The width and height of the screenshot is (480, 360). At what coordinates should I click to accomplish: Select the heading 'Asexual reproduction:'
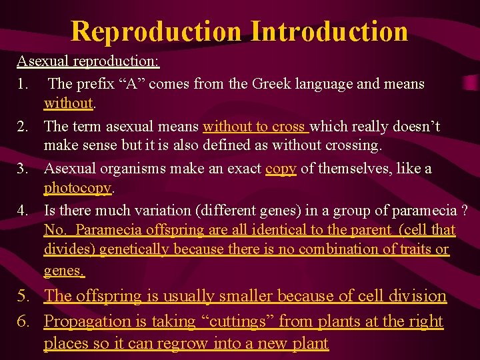88,62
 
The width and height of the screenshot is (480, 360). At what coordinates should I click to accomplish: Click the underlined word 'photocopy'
77,189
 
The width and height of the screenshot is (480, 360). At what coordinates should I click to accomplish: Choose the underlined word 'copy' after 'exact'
281,169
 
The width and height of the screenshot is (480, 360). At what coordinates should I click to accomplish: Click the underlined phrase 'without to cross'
254,127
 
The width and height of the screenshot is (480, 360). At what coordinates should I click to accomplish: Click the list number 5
22,296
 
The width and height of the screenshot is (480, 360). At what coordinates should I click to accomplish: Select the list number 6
22,321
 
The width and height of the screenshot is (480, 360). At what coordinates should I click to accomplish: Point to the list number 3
22,169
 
